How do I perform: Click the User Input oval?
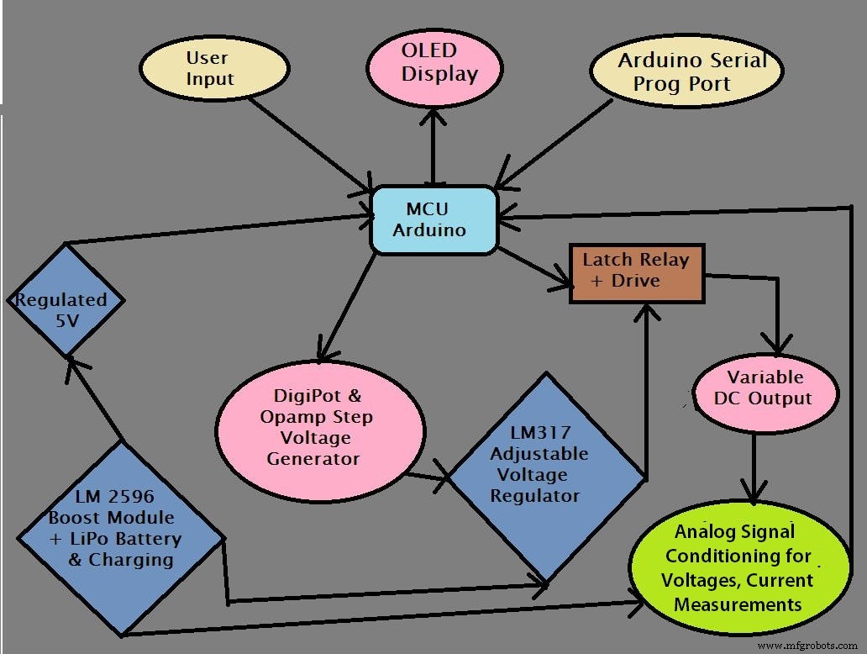(207, 70)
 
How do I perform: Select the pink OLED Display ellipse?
(434, 66)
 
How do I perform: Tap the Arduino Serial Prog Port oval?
(686, 72)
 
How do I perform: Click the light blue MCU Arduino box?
(434, 219)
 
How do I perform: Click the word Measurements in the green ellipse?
(737, 604)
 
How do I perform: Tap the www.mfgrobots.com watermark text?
(809, 646)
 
